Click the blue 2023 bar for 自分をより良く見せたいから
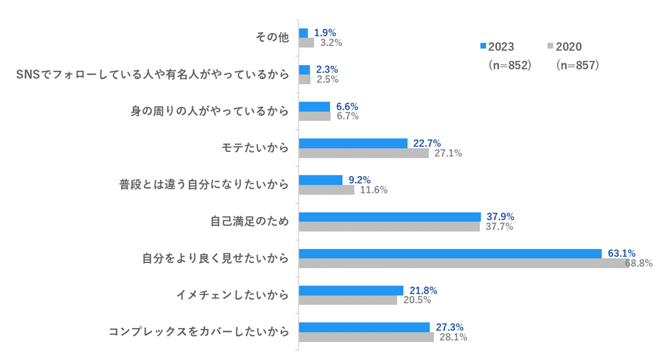tap(450, 253)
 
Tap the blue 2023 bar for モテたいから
tap(353, 143)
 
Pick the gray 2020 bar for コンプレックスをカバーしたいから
tap(366, 337)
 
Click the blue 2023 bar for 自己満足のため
tap(389, 216)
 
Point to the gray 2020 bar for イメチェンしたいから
tap(348, 300)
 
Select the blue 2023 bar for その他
tap(303, 33)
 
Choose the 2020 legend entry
tap(564, 47)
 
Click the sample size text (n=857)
tap(576, 66)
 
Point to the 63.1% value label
tap(621, 253)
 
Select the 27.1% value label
tap(447, 153)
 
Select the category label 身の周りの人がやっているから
tap(209, 112)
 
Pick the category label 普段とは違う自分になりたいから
tap(204, 185)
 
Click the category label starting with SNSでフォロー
tap(152, 75)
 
